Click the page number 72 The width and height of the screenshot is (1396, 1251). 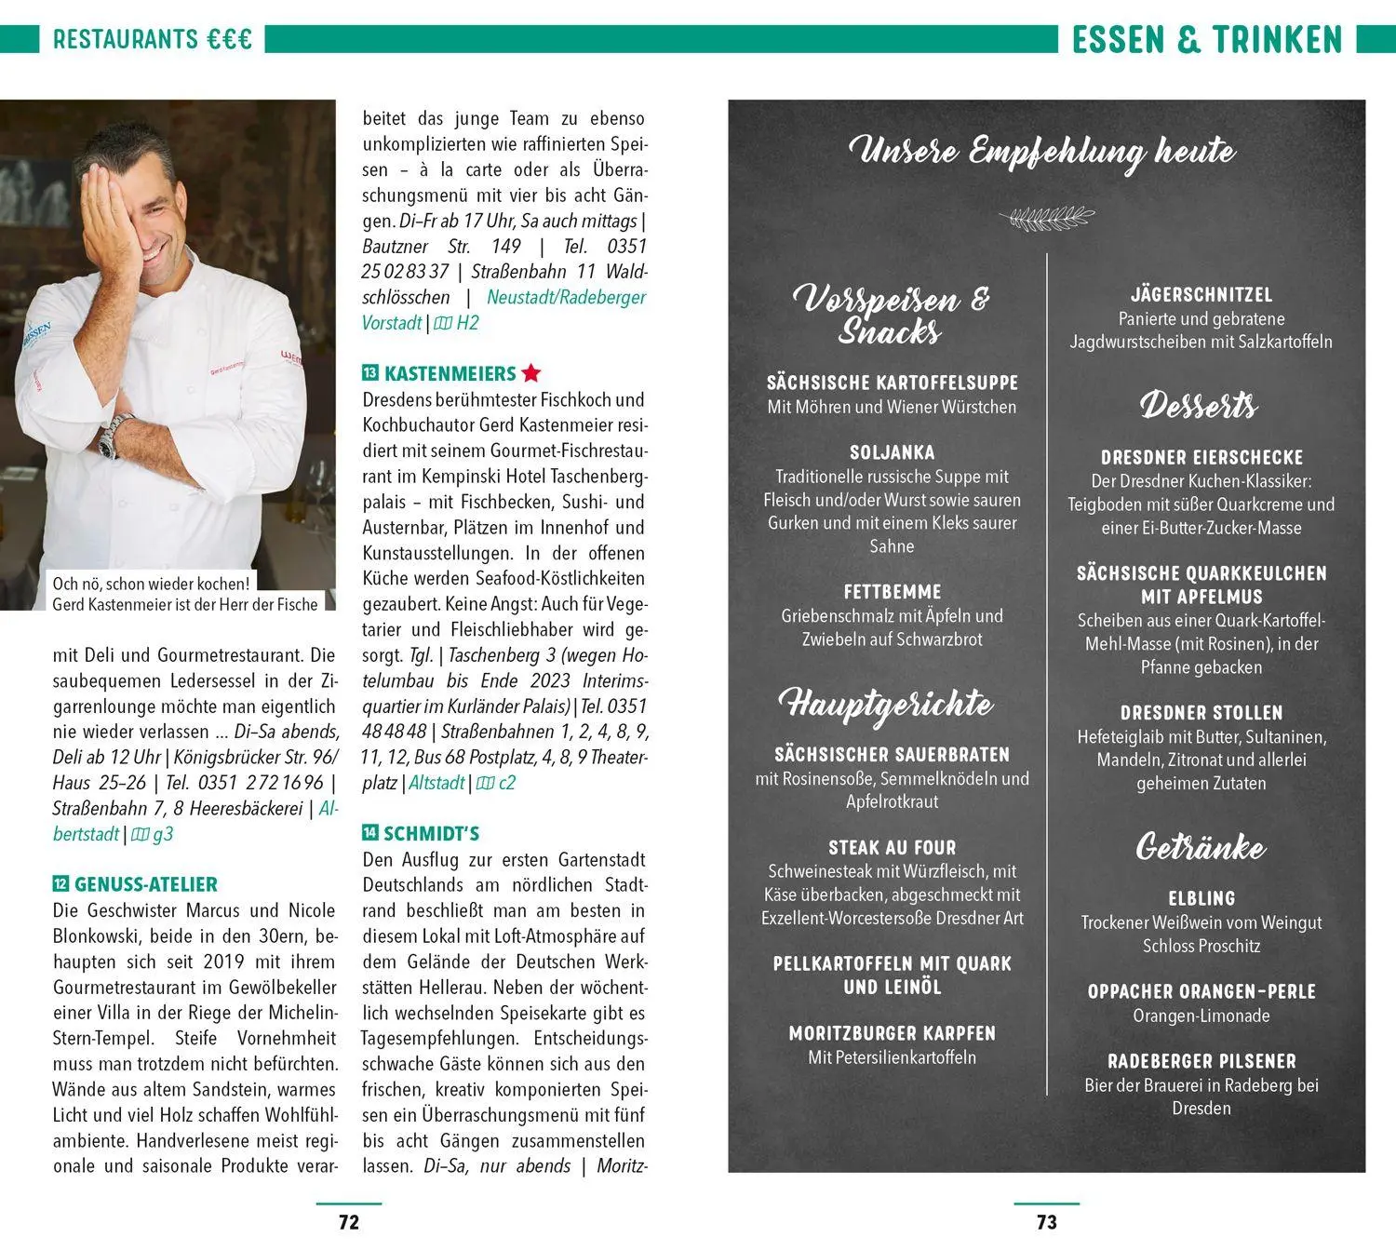click(349, 1222)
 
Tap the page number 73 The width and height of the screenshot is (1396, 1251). click(1047, 1222)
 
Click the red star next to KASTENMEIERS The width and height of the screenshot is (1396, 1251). click(531, 373)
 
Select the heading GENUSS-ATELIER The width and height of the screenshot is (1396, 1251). click(145, 884)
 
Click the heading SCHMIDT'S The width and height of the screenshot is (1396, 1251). click(431, 833)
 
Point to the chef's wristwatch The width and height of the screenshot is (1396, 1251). click(111, 436)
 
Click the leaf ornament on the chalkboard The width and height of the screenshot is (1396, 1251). click(1046, 219)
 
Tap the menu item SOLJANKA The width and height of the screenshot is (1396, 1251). click(892, 452)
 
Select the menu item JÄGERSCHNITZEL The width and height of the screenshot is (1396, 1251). click(1201, 295)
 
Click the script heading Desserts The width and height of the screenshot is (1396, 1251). click(1199, 405)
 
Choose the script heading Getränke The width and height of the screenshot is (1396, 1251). click(1201, 847)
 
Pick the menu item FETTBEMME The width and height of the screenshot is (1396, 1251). click(892, 592)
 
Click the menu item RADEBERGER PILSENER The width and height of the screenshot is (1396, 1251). click(1201, 1061)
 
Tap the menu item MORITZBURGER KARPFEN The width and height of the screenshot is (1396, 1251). click(892, 1033)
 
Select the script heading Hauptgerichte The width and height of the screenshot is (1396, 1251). click(886, 705)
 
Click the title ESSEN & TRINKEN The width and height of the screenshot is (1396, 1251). click(1207, 40)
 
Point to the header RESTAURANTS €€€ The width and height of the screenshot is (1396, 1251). click(153, 39)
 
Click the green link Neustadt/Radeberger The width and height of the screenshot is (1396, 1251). click(566, 297)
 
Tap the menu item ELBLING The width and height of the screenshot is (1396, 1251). click(1201, 898)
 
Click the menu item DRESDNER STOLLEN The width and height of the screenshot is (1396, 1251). click(1201, 713)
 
